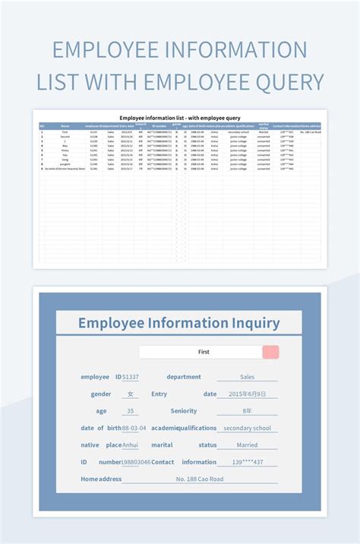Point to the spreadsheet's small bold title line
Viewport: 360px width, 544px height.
[180, 118]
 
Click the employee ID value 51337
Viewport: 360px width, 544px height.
[131, 377]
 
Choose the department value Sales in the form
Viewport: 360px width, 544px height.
[247, 377]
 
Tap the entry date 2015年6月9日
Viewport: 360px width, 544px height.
[247, 394]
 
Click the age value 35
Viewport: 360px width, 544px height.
[131, 411]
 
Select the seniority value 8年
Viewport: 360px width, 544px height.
[247, 411]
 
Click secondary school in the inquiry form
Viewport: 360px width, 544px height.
[247, 428]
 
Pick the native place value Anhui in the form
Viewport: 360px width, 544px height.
[131, 445]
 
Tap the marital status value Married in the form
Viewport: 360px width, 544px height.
[247, 445]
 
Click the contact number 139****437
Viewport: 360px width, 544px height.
[247, 462]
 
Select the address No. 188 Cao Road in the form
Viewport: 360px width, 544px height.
[200, 479]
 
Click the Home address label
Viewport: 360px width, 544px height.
[101, 479]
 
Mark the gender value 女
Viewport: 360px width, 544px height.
[131, 394]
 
